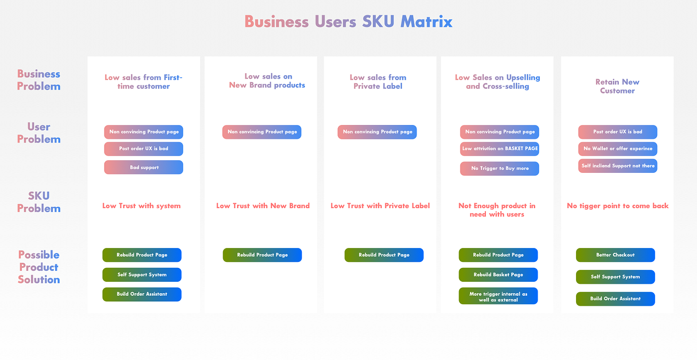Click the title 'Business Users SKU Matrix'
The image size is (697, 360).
(348, 22)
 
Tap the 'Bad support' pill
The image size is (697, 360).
(144, 167)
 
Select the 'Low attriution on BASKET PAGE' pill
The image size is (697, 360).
(499, 148)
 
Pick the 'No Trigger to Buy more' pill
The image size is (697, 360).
(499, 168)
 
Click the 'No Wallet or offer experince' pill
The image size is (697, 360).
(617, 148)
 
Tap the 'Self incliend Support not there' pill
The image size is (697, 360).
(617, 166)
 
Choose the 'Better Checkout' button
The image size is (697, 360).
(615, 255)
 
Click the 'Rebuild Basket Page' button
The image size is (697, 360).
(498, 274)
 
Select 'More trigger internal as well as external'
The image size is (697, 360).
(498, 297)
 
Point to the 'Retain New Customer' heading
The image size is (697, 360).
(617, 86)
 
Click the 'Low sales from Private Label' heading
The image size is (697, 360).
(378, 82)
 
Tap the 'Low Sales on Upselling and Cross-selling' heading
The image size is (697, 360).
(497, 82)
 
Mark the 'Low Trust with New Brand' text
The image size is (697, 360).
(263, 206)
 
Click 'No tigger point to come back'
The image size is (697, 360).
(617, 206)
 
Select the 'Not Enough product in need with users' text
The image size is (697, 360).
(497, 210)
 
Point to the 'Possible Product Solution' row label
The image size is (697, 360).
(39, 267)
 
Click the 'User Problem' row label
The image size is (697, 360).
(39, 133)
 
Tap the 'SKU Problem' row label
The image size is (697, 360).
(39, 202)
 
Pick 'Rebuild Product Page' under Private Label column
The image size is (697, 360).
(384, 255)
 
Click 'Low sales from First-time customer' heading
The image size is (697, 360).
(143, 82)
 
